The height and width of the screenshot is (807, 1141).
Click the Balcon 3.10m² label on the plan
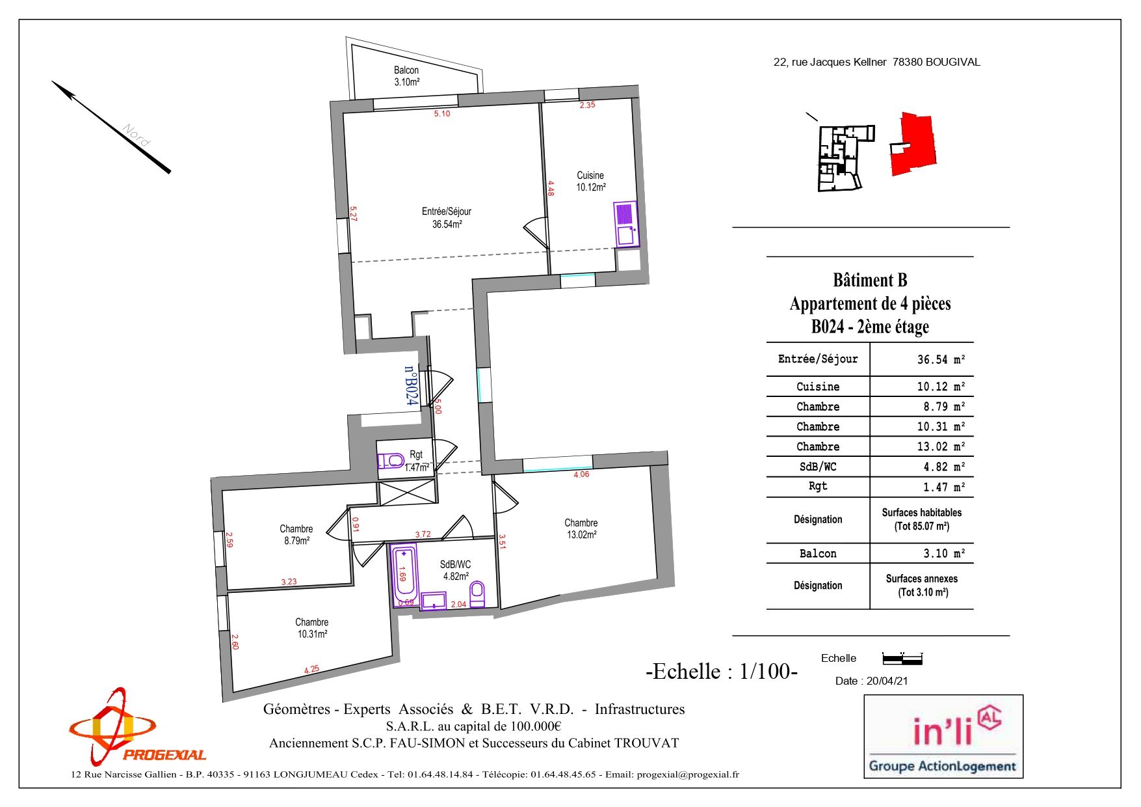[x=406, y=76]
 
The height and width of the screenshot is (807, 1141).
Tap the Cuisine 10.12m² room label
[x=590, y=181]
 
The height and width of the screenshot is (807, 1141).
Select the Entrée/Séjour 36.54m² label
[x=447, y=217]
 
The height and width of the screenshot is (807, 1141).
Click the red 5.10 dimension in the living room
[x=442, y=114]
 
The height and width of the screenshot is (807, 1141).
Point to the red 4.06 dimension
[x=581, y=474]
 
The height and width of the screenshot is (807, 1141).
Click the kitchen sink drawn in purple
[x=626, y=225]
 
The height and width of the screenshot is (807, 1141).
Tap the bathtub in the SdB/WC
[x=404, y=573]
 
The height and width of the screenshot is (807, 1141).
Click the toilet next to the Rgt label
[x=391, y=461]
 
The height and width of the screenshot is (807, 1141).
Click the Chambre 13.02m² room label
[x=581, y=528]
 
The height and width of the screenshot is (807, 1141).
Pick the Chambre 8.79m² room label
[x=296, y=534]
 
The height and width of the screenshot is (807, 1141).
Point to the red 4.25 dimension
[x=312, y=669]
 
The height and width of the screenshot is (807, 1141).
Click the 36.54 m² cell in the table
[x=941, y=359]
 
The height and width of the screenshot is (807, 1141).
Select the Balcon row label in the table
[x=818, y=553]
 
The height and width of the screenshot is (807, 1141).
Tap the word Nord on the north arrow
[x=137, y=135]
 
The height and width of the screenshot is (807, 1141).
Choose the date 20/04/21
[x=887, y=681]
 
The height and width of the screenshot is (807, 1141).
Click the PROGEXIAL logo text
[x=164, y=755]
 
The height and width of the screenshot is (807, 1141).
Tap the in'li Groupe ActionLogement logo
[x=943, y=737]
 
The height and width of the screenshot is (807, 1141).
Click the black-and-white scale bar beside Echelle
[x=902, y=659]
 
